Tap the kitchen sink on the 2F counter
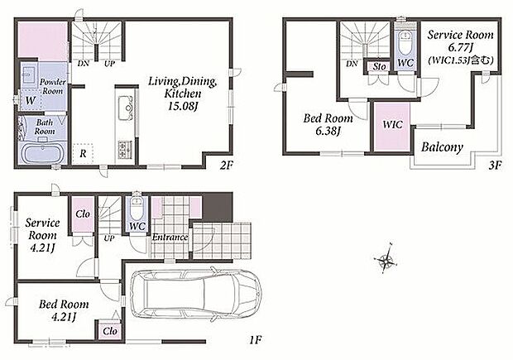pyautogui.click(x=125, y=108)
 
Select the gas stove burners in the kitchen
pyautogui.click(x=125, y=149)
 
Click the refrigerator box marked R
pyautogui.click(x=83, y=153)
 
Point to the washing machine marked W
pyautogui.click(x=31, y=100)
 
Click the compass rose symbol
pyautogui.click(x=386, y=260)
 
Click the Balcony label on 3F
pyautogui.click(x=442, y=147)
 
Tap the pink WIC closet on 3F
pyautogui.click(x=392, y=127)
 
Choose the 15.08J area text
pyautogui.click(x=183, y=106)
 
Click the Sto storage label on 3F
pyautogui.click(x=380, y=67)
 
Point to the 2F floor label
pyautogui.click(x=226, y=166)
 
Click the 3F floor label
pyautogui.click(x=495, y=166)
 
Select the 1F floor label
pyautogui.click(x=256, y=340)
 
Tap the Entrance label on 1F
pyautogui.click(x=170, y=237)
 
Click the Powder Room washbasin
pyautogui.click(x=28, y=74)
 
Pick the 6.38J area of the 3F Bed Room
pyautogui.click(x=328, y=132)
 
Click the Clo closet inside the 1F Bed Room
pyautogui.click(x=110, y=331)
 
